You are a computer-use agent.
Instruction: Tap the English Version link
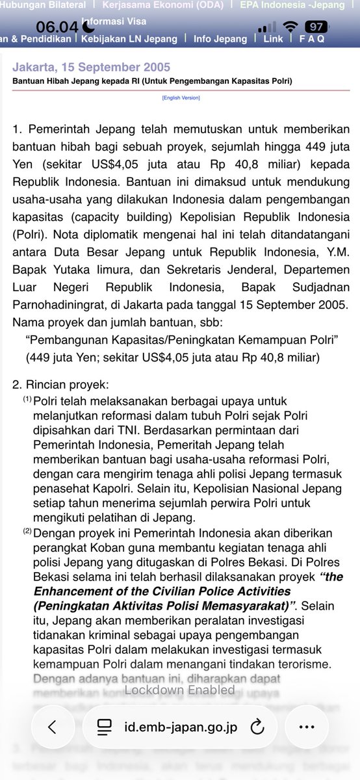click(181, 97)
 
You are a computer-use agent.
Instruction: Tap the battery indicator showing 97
click(317, 27)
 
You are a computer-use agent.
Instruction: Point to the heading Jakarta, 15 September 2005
click(92, 68)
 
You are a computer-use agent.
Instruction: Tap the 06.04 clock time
click(57, 27)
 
